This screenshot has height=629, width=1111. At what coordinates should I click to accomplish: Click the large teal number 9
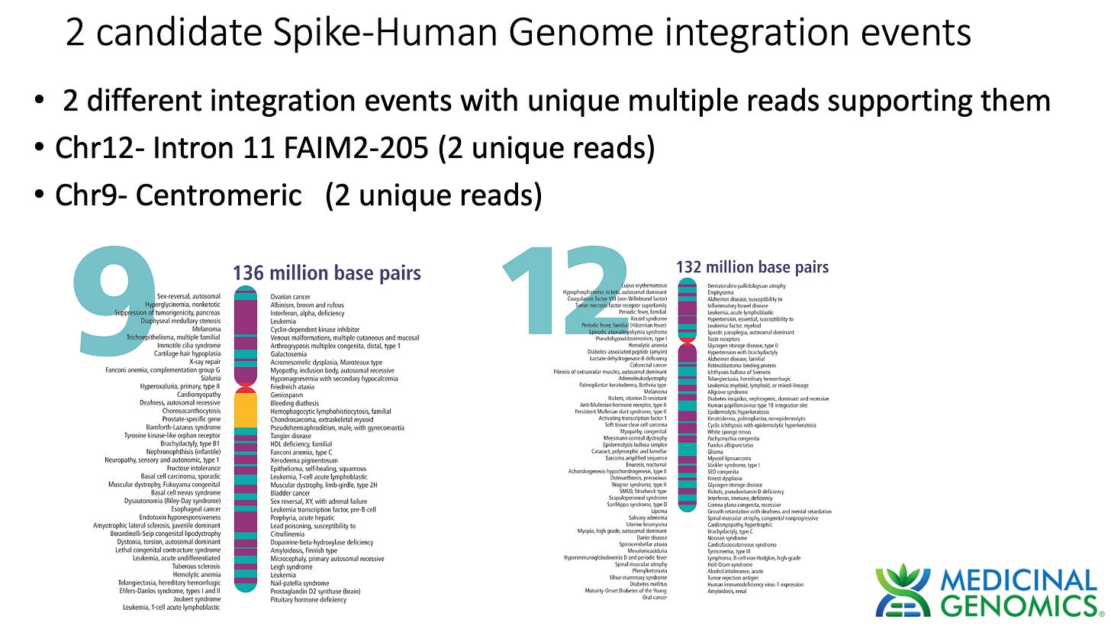pos(114,302)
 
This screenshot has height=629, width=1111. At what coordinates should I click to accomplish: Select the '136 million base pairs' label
pos(327,273)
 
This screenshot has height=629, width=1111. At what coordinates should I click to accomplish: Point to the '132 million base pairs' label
pos(752,267)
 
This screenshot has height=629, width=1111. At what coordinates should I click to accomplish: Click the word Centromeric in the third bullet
pos(219,195)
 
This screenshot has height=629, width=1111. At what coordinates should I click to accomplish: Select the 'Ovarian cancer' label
pos(290,296)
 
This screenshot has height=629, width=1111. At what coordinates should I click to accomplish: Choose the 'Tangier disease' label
pos(291,436)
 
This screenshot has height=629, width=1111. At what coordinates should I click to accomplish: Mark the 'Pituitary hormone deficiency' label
pos(308,600)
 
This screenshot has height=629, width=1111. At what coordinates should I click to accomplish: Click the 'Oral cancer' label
pos(654,598)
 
